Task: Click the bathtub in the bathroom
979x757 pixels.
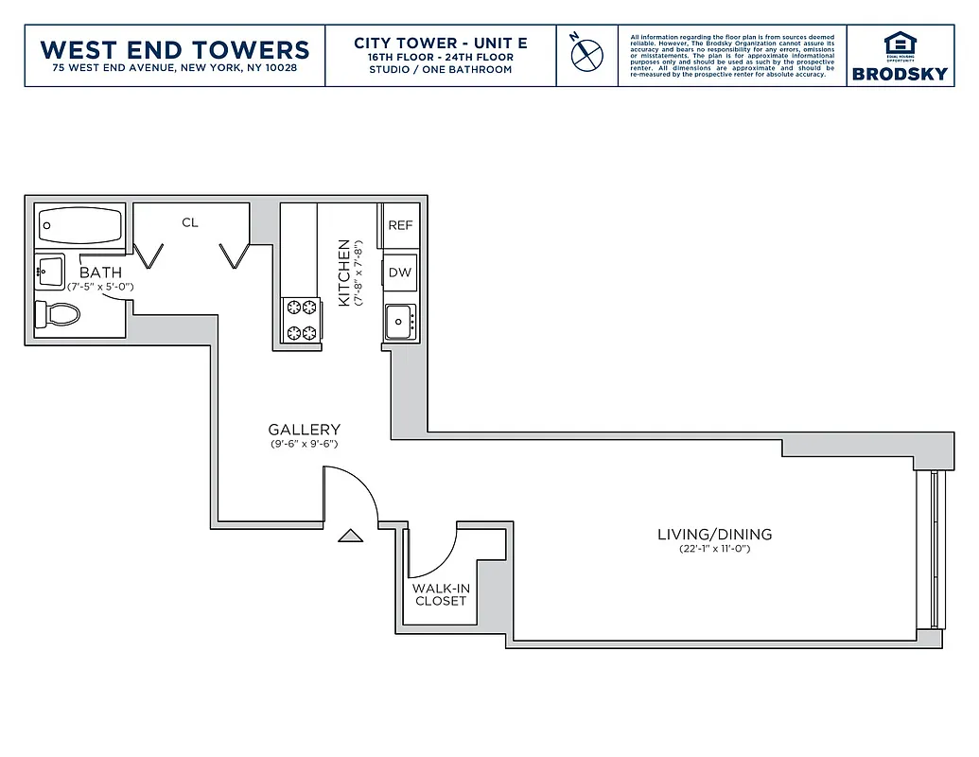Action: click(x=80, y=227)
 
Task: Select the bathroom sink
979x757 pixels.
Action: click(x=49, y=273)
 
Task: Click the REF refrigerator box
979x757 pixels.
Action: click(x=400, y=225)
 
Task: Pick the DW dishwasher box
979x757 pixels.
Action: click(x=400, y=273)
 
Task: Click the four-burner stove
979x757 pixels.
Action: click(x=301, y=320)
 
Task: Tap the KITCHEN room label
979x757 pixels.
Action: click(x=343, y=273)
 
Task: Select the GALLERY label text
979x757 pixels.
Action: click(x=304, y=430)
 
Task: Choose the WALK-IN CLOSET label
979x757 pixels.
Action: click(x=441, y=594)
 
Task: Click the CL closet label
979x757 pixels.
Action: click(x=190, y=222)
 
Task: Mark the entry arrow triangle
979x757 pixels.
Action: click(x=351, y=536)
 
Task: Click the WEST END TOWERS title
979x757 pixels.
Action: click(x=175, y=49)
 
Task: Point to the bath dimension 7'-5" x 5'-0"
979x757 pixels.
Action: click(x=100, y=286)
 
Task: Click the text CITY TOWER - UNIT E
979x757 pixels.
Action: click(x=440, y=43)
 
